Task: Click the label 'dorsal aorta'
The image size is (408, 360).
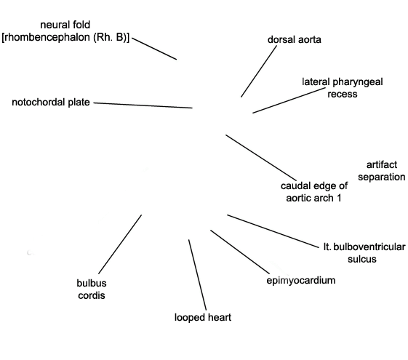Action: coord(295,40)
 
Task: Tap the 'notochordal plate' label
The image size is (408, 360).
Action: coord(51,103)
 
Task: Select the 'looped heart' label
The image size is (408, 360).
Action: coord(203,318)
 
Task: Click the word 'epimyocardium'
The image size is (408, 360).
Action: coord(301,281)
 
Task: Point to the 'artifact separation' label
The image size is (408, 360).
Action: coord(382,171)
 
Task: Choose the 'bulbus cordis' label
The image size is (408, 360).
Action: coord(92,289)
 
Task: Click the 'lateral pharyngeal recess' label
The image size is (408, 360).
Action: coord(343,88)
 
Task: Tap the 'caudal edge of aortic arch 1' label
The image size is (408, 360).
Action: coord(314,192)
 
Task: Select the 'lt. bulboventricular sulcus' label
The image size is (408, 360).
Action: coord(364,253)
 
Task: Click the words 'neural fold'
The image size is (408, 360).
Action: coord(65,25)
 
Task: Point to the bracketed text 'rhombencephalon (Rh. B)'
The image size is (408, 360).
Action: coord(65,37)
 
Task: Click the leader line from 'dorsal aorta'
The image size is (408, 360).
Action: coord(259,71)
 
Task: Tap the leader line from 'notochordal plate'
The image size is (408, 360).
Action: coord(143,105)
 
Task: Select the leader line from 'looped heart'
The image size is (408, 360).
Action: coord(197,275)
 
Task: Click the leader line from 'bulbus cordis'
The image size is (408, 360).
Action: coord(120,244)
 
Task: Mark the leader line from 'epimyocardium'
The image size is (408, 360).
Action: coord(240,252)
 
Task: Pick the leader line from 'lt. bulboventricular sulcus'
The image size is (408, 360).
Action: coord(273,231)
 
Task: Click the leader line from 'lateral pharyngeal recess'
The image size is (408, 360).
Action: coord(289,100)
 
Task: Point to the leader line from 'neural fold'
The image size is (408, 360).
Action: coord(154,49)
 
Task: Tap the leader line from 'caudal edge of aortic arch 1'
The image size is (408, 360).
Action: coord(261,157)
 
